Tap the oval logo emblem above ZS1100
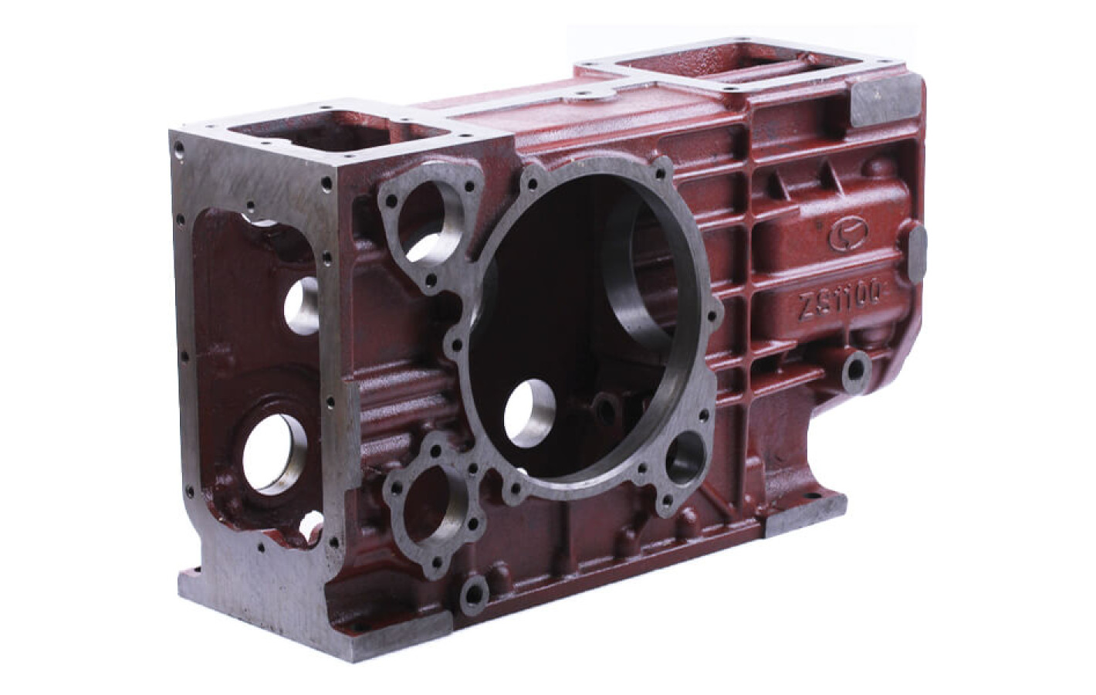click(x=847, y=234)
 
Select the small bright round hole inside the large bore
click(x=529, y=414)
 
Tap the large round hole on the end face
click(x=274, y=453)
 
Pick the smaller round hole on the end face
click(x=301, y=305)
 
